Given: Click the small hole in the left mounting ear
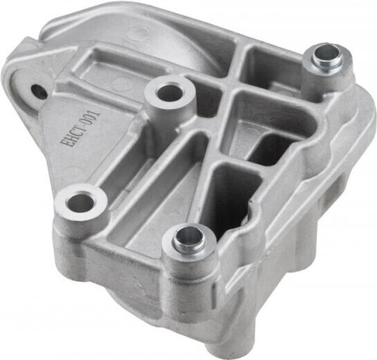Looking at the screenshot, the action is (x=39, y=91).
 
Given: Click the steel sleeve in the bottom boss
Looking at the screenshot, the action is (x=188, y=239).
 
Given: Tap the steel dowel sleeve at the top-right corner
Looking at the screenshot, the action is (x=326, y=58).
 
